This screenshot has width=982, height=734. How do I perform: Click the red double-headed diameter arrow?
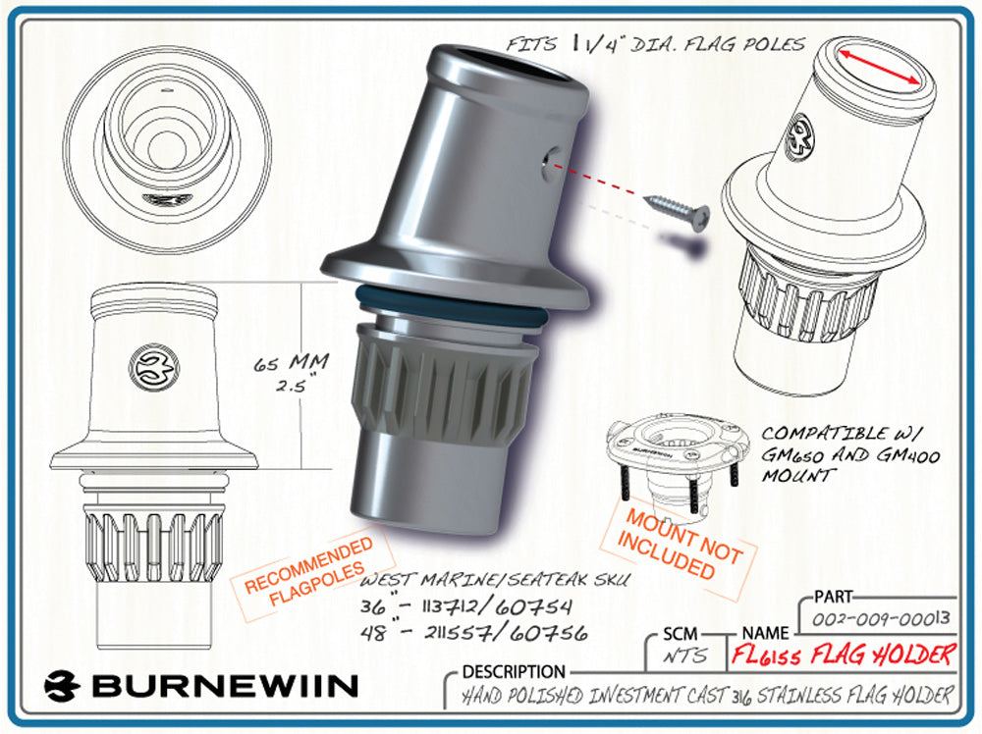[879, 67]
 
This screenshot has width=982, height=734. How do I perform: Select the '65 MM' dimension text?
[292, 363]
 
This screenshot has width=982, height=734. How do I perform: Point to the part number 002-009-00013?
[881, 619]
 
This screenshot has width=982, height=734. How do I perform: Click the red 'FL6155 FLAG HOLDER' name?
[843, 655]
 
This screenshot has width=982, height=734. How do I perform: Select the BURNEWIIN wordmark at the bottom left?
[200, 686]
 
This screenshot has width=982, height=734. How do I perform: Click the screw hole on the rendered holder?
[551, 163]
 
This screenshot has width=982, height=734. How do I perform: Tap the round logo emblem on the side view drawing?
[154, 367]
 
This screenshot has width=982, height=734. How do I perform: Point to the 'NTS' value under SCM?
[685, 655]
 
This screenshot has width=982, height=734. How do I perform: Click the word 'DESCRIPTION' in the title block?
[514, 672]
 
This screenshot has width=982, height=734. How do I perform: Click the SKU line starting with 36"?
[465, 607]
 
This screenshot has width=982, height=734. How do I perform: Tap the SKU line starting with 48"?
[474, 633]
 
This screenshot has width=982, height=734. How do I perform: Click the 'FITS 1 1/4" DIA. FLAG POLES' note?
[655, 44]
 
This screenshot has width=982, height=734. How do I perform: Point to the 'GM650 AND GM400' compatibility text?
[850, 455]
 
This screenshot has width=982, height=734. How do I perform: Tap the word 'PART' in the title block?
[834, 597]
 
